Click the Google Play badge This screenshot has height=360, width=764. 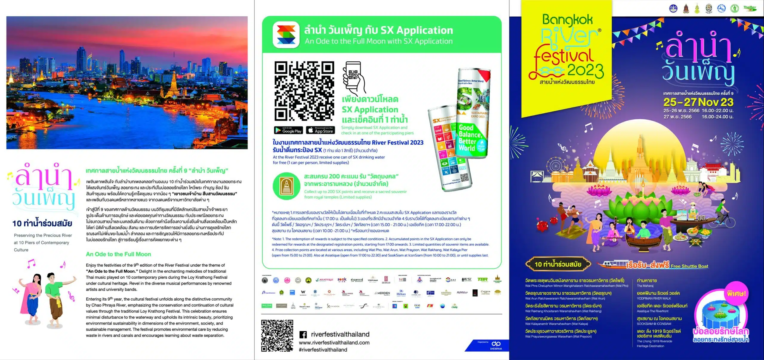tap(288, 130)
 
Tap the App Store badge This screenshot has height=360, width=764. tap(320, 130)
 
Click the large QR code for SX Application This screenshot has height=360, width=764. tap(304, 91)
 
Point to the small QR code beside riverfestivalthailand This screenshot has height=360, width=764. tap(277, 336)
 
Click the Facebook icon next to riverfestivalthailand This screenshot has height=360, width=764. tap(303, 335)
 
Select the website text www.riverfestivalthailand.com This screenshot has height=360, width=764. tap(334, 343)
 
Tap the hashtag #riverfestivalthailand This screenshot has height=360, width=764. tap(323, 350)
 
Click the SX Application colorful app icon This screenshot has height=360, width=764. tap(286, 35)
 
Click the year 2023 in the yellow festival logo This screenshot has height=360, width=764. tap(585, 70)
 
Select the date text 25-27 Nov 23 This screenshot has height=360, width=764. tap(698, 102)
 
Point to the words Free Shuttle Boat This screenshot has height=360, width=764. tap(689, 266)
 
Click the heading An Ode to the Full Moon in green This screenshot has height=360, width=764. tap(118, 254)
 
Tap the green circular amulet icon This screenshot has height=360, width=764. tap(286, 186)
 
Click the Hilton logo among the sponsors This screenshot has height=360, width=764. tap(401, 293)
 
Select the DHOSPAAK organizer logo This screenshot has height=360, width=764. tap(496, 345)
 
